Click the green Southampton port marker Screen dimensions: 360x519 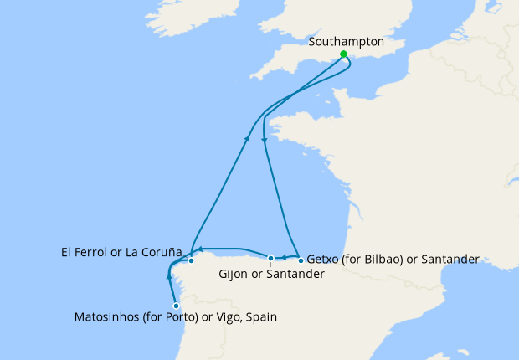pos(343,54)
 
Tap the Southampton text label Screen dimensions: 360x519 pos(346,41)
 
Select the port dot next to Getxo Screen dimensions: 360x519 pos(301,260)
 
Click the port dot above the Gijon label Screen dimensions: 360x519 pos(270,258)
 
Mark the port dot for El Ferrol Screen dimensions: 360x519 pos(192,260)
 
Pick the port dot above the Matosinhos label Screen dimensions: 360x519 pos(176,306)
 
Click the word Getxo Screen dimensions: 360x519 pos(325,260)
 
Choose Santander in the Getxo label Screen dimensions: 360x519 pos(450,260)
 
